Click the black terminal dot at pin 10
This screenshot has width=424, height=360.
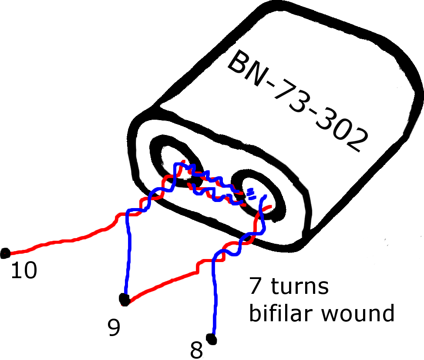pyautogui.click(x=5, y=253)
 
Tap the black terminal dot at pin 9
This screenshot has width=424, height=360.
pyautogui.click(x=125, y=299)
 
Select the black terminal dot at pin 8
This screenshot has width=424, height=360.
pyautogui.click(x=212, y=339)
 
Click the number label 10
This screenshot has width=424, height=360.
pyautogui.click(x=24, y=270)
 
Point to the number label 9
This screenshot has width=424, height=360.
pyautogui.click(x=114, y=327)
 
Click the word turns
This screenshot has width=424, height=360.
pyautogui.click(x=299, y=286)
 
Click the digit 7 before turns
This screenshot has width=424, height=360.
pyautogui.click(x=255, y=286)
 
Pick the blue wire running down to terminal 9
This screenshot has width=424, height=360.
pyautogui.click(x=128, y=252)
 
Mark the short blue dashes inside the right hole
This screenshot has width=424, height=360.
pyautogui.click(x=251, y=194)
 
